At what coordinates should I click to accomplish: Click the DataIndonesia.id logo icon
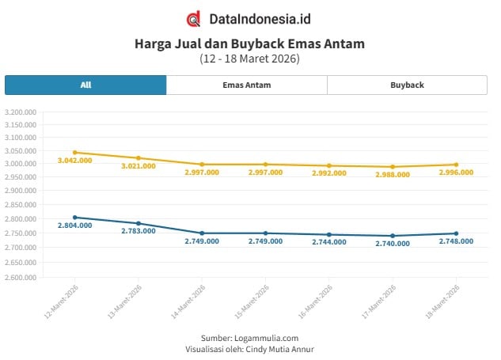click(x=193, y=18)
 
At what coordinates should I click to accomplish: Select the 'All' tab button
click(x=85, y=85)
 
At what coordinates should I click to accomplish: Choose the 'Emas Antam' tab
click(x=246, y=85)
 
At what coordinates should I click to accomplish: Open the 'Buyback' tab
click(x=407, y=85)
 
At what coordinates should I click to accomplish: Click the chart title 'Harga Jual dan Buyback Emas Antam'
click(x=249, y=44)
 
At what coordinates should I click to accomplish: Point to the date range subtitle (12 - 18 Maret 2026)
click(x=249, y=59)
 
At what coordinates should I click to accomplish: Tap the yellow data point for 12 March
click(x=75, y=153)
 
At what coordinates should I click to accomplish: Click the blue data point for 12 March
click(x=75, y=218)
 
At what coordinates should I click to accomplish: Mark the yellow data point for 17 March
click(x=393, y=167)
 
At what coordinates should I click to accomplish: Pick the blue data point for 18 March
click(x=456, y=233)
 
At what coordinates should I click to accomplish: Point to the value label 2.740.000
click(x=393, y=244)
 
